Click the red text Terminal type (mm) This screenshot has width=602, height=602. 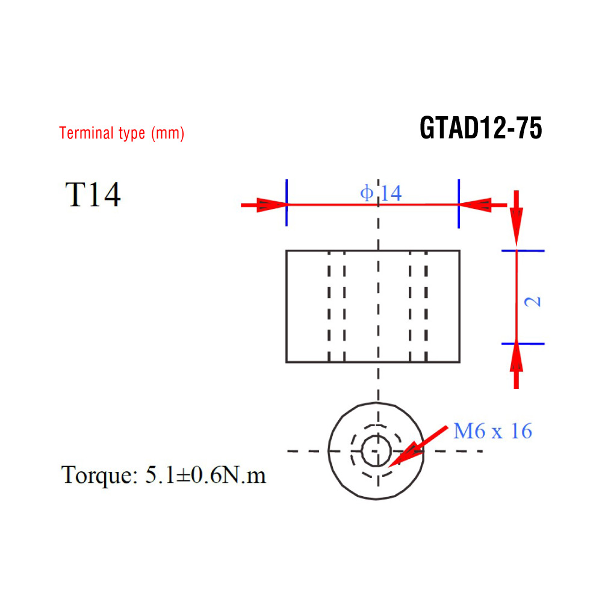click(122, 133)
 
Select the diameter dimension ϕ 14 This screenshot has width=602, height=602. click(381, 193)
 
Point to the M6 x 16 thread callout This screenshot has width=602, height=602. click(492, 431)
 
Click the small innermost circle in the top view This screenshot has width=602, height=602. click(377, 450)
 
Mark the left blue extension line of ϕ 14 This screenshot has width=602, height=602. click(287, 203)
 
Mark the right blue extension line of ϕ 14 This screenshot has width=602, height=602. click(459, 203)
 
